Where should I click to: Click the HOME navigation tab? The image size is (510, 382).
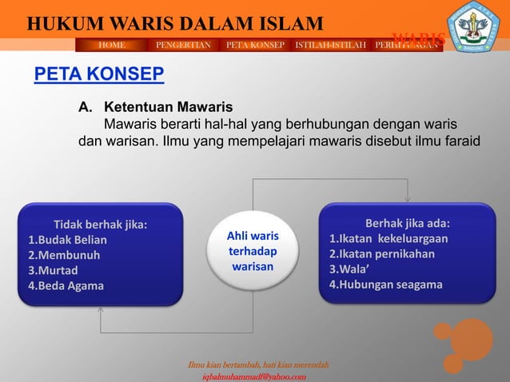tap(112, 45)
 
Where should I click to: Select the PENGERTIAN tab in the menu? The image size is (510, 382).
tap(183, 45)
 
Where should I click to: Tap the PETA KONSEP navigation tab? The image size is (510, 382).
tap(255, 45)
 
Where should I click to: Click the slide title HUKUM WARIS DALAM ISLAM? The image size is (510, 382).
tap(175, 24)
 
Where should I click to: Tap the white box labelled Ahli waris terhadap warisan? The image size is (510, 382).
tap(253, 252)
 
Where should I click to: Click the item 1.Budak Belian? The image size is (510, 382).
tap(68, 240)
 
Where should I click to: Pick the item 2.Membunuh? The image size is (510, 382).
tap(64, 255)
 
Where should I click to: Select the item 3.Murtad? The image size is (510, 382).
tap(54, 270)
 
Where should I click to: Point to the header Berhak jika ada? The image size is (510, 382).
tap(407, 223)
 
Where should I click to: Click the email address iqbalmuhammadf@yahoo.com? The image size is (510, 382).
tap(254, 376)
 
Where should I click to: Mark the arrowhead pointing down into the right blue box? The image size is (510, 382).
tap(408, 199)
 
